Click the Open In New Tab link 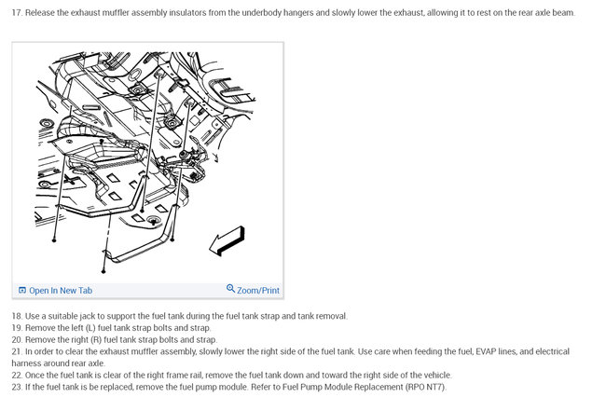pos(61,291)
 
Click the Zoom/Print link pos(257,291)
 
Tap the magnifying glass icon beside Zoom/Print pos(230,289)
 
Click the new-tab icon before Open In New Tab pos(22,290)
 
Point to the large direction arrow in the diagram pos(227,240)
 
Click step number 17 pos(17,12)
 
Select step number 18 pos(17,316)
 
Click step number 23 pos(17,387)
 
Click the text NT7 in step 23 pos(434,387)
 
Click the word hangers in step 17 pos(298,13)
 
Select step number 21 pos(17,351)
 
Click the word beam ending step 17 pos(565,12)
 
